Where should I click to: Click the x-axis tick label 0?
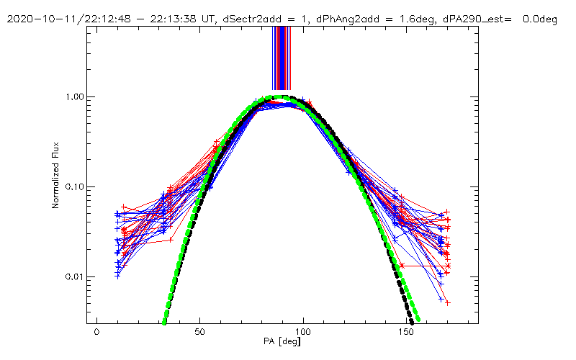click(x=96, y=332)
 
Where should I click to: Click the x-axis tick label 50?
click(x=200, y=332)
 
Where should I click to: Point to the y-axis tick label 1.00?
click(x=75, y=97)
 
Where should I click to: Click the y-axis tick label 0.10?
click(x=75, y=187)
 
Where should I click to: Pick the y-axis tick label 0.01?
click(x=75, y=277)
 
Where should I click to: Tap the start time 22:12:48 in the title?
click(x=89, y=19)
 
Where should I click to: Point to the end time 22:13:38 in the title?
click(x=148, y=19)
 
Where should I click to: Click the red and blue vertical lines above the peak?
click(x=282, y=58)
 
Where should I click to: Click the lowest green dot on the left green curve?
click(x=164, y=322)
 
